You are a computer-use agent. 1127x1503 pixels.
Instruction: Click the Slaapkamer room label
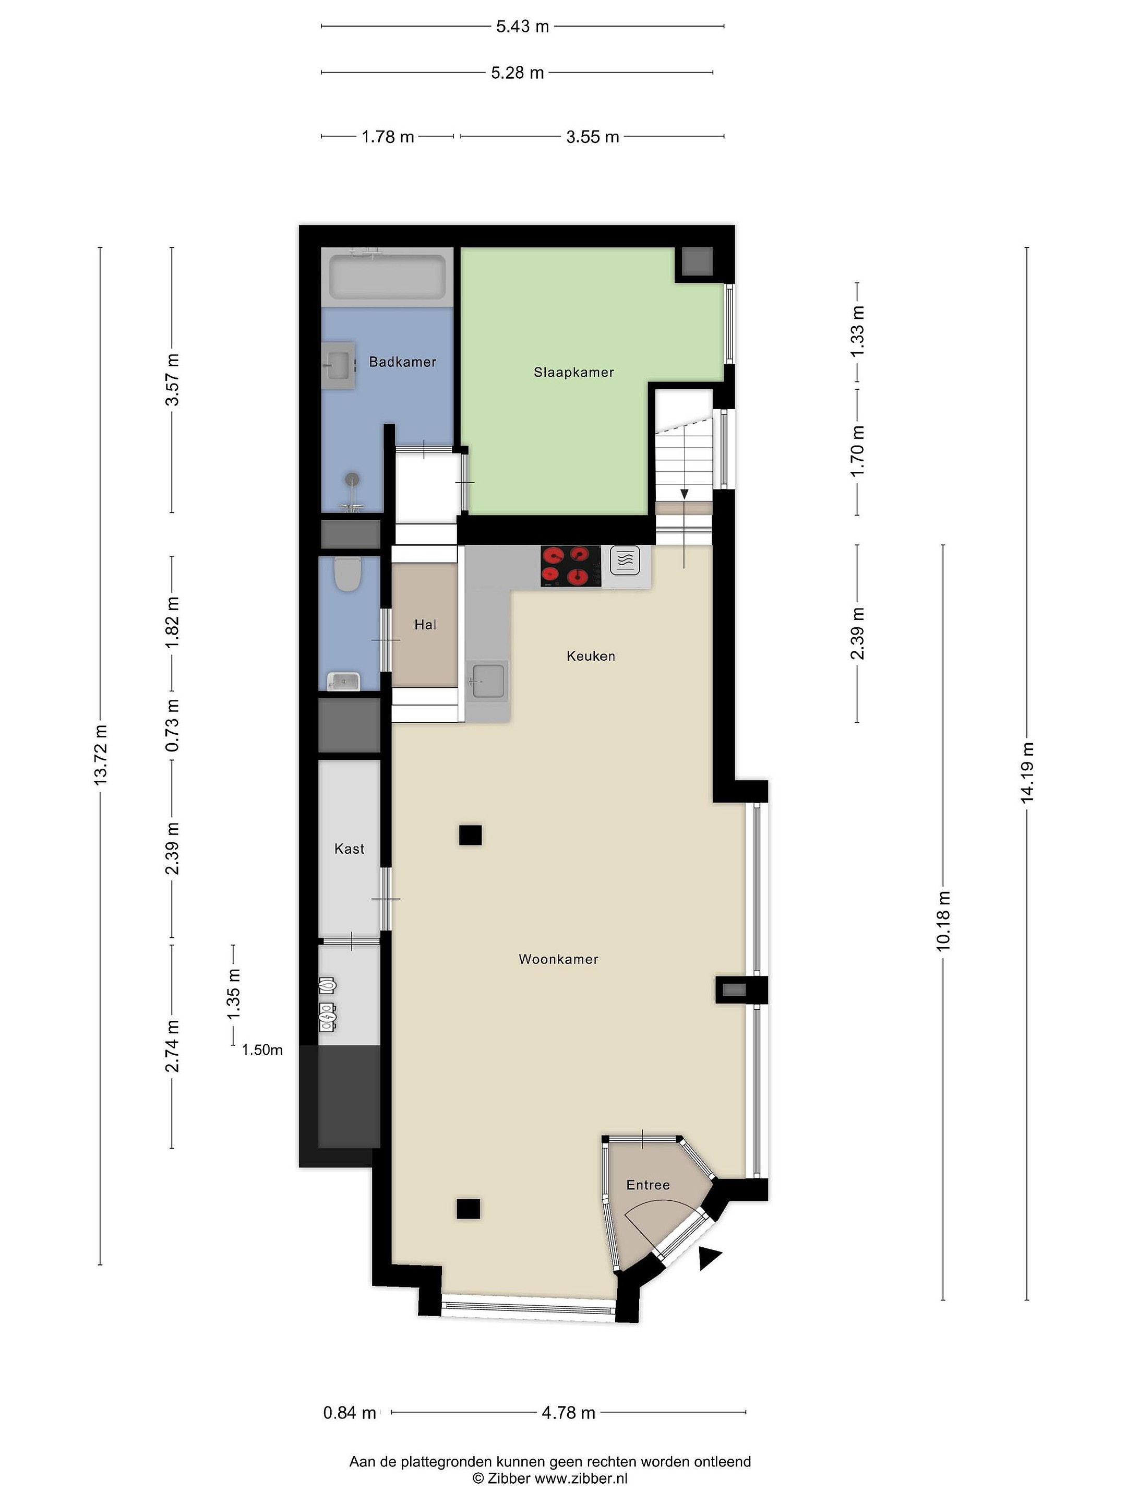point(573,372)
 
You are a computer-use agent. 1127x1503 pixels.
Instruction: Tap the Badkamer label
point(402,362)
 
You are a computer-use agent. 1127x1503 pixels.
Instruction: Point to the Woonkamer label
point(558,959)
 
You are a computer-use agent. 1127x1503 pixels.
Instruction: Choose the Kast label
point(349,849)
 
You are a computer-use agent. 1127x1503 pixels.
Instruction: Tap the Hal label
point(425,625)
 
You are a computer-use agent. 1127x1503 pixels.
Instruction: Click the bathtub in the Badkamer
point(387,277)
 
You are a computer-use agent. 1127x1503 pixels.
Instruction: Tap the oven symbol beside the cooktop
point(626,561)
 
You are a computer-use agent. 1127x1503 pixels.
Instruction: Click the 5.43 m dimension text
point(522,27)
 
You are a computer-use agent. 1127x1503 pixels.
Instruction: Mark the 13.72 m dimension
point(101,755)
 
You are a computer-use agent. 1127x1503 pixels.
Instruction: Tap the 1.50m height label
point(262,1050)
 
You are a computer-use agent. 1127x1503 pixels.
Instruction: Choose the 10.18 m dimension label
point(943,921)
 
